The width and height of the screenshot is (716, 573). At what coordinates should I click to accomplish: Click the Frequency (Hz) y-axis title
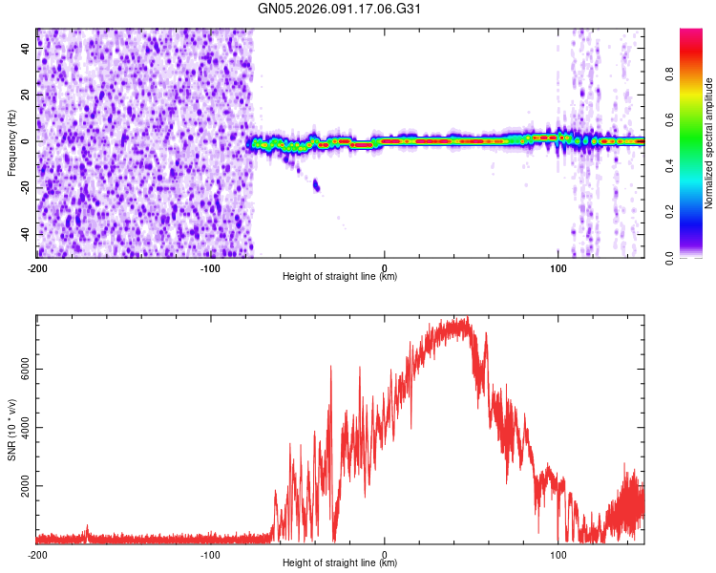point(11,142)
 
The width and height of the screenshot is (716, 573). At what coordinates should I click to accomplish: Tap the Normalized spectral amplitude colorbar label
point(709,143)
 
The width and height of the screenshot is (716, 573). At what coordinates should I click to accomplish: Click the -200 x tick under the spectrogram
point(37,266)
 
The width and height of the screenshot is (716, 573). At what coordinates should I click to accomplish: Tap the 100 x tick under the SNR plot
point(558,554)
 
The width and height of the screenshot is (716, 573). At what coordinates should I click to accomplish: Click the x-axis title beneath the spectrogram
point(340,277)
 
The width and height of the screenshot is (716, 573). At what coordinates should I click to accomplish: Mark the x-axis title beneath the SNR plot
point(340,563)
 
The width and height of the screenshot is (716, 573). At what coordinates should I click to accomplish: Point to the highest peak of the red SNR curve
point(465,319)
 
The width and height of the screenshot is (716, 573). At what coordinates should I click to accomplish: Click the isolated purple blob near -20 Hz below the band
point(317,185)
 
